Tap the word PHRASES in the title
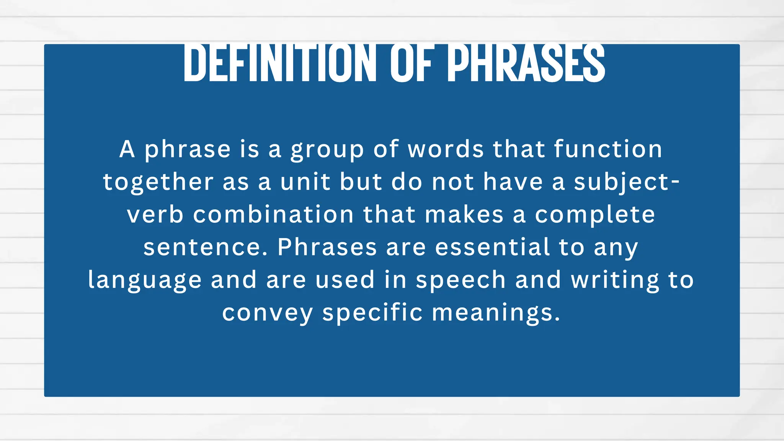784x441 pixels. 526,63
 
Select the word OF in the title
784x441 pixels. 412,63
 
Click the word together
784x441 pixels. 158,182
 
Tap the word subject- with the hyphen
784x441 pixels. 627,182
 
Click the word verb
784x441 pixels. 155,214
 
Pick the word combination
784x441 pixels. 273,214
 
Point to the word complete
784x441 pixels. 595,215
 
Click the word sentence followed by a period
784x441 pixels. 206,247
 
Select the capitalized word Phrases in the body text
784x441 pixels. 327,247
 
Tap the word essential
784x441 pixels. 492,247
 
